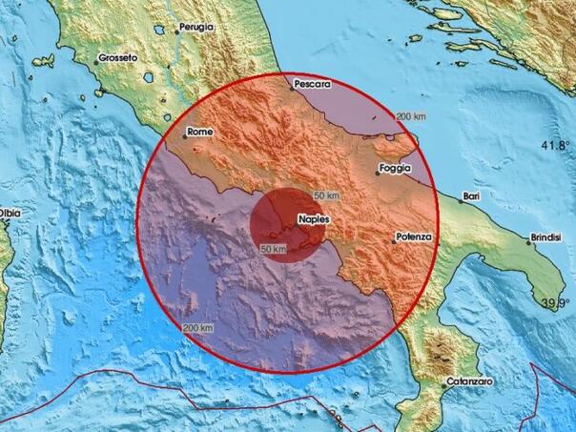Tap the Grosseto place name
click(117, 58)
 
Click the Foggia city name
click(394, 169)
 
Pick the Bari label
click(469, 196)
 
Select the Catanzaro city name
click(468, 382)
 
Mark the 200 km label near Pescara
click(411, 116)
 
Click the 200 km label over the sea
click(197, 328)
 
